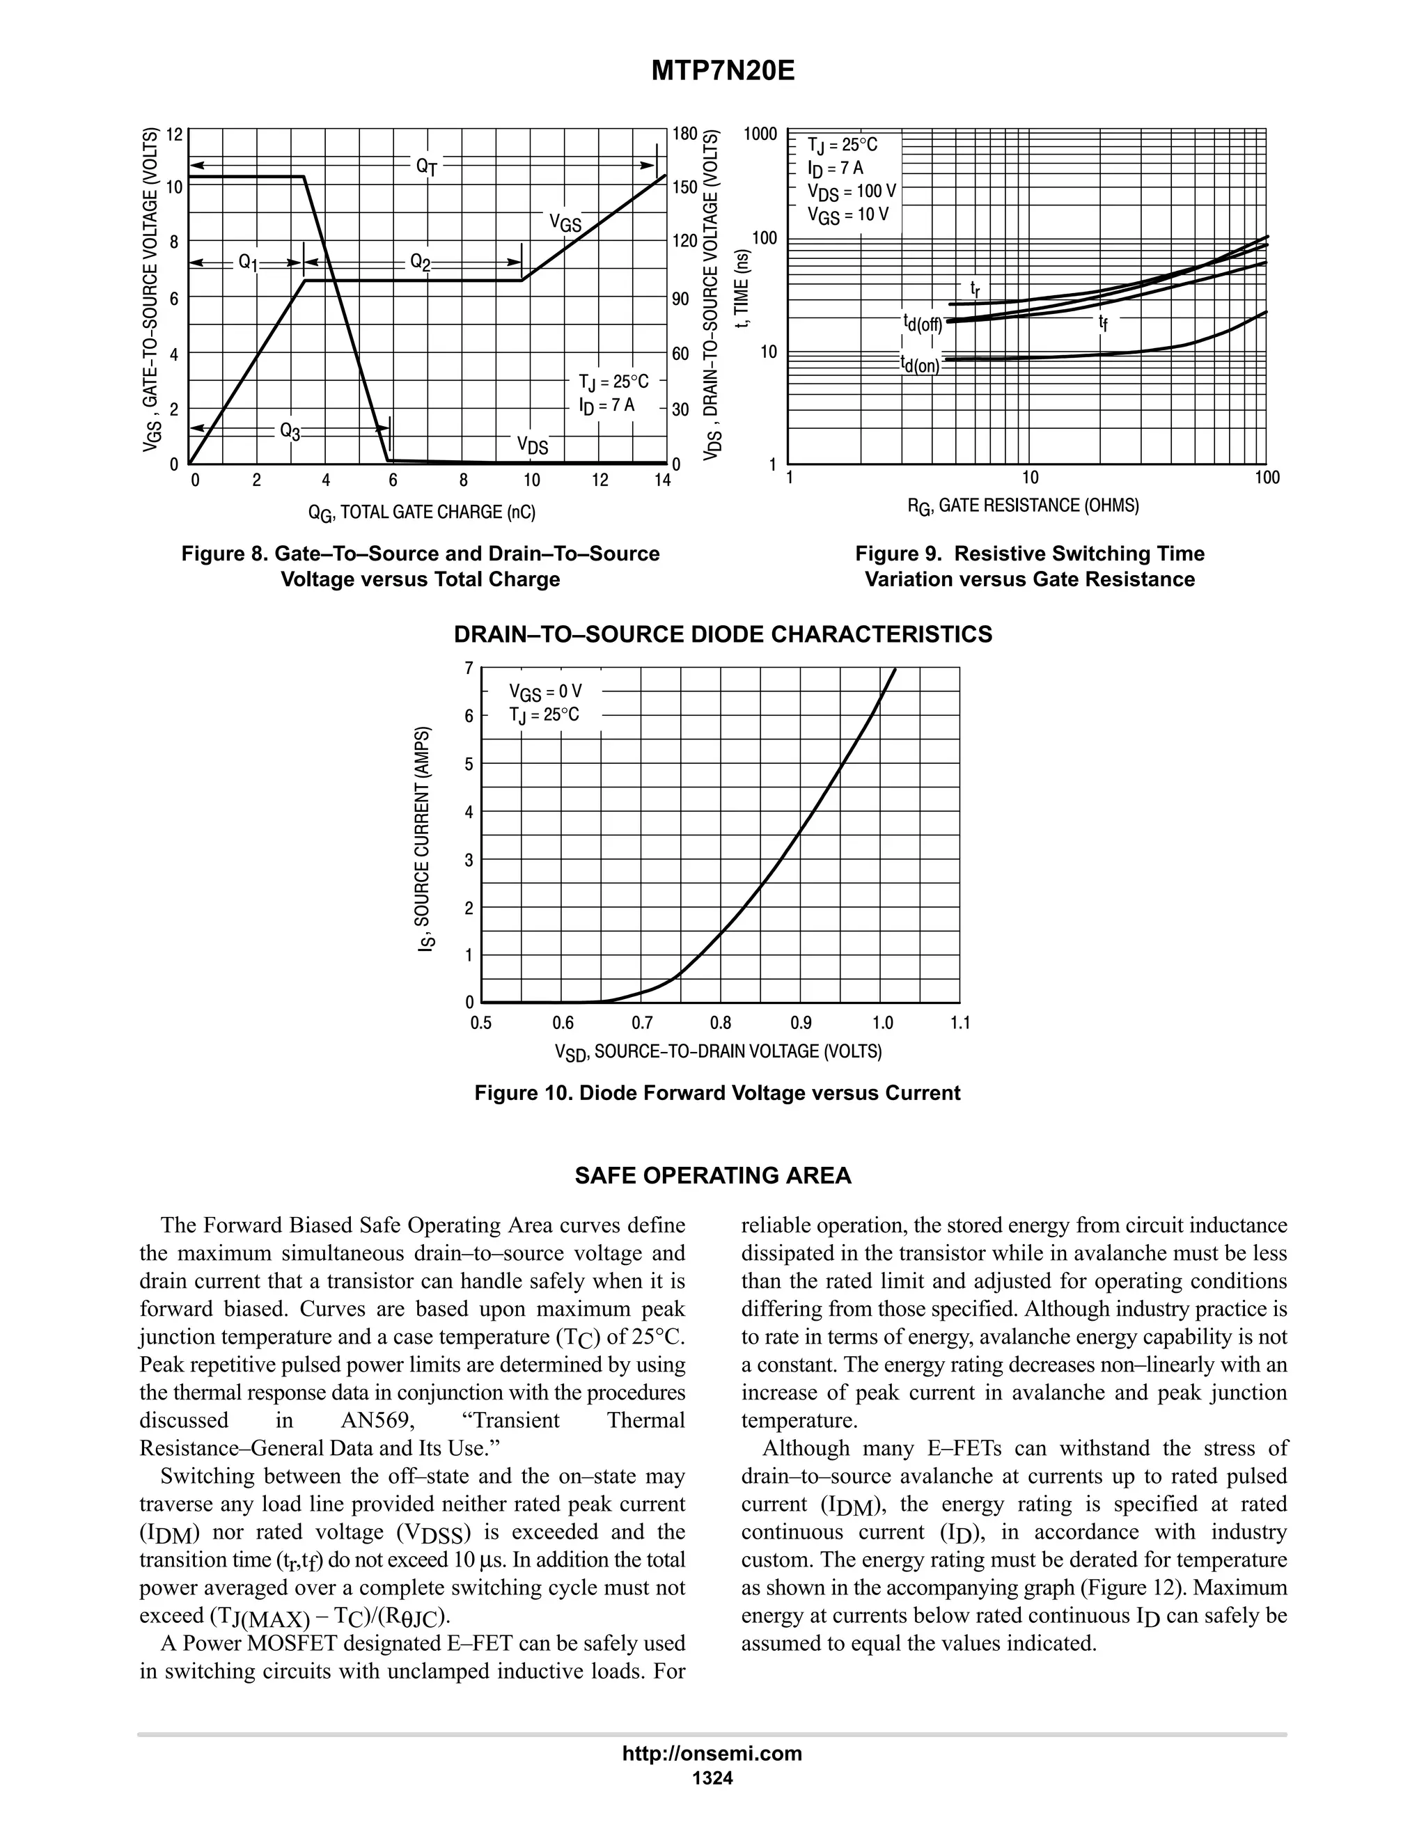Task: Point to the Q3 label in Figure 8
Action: pos(290,432)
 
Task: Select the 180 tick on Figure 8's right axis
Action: pos(684,134)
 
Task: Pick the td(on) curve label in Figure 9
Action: pos(920,365)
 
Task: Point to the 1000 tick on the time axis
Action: pos(760,134)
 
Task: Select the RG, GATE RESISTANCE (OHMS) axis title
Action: pos(1023,506)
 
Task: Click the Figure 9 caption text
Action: pos(1029,566)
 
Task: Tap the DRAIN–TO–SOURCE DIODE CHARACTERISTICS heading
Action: pos(723,634)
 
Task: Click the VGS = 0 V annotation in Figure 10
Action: pos(545,693)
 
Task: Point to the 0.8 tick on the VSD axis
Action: pos(721,1023)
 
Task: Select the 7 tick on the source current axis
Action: pos(469,668)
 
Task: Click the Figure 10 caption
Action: pos(717,1093)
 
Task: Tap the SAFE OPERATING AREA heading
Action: pos(713,1176)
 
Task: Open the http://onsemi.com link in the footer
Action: pos(712,1753)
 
